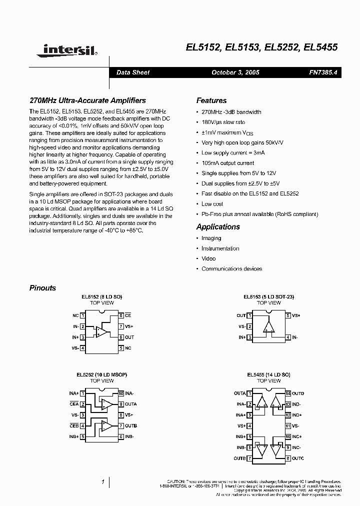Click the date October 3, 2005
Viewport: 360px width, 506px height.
point(235,72)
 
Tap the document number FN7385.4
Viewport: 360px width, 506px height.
point(323,72)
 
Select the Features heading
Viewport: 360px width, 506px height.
point(211,100)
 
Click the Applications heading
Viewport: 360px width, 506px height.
point(218,226)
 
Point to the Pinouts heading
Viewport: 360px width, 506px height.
point(42,287)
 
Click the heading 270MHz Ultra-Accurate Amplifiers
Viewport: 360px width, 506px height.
point(87,100)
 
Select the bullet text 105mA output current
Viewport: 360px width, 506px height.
point(227,163)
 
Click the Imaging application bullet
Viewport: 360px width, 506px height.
point(211,238)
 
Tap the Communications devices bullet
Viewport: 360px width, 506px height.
point(231,268)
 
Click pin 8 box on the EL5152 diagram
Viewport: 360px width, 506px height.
point(121,315)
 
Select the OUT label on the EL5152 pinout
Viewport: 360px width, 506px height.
point(129,337)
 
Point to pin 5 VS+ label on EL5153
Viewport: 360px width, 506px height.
point(295,315)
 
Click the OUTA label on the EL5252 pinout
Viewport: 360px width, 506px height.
point(131,404)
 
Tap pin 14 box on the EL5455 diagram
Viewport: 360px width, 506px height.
point(288,393)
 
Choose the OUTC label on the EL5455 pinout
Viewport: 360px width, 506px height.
point(298,458)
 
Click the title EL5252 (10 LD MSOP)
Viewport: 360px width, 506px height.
point(101,374)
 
